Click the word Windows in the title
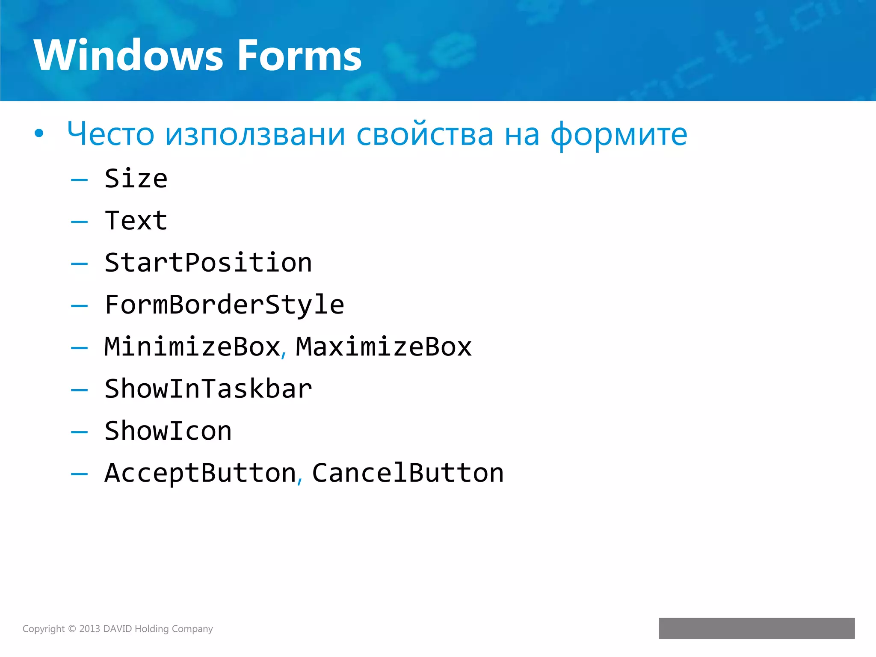click(x=128, y=56)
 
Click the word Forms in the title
click(x=299, y=56)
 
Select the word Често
click(x=110, y=134)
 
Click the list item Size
click(x=136, y=179)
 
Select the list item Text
click(x=136, y=221)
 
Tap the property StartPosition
click(x=208, y=263)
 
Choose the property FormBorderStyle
click(x=225, y=305)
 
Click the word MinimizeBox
click(x=192, y=347)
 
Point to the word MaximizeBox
click(x=384, y=347)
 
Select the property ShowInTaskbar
click(x=208, y=389)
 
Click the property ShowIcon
click(x=168, y=431)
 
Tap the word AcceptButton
click(x=200, y=473)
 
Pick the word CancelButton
click(x=408, y=473)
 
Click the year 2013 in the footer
click(x=89, y=629)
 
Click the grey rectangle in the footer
click(x=756, y=628)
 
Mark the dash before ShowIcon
click(x=80, y=432)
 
